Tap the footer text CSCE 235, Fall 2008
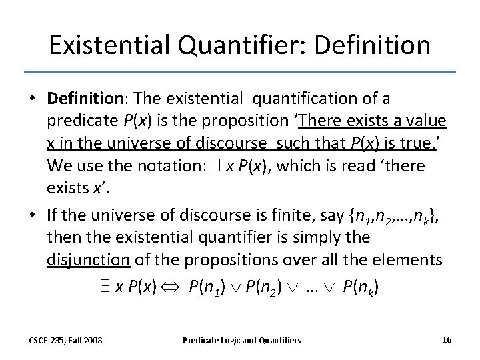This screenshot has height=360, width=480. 65,341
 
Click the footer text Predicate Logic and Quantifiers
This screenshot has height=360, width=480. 242,341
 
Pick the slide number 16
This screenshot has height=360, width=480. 447,340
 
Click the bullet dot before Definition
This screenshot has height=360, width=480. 32,99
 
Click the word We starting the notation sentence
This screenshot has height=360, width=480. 59,165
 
